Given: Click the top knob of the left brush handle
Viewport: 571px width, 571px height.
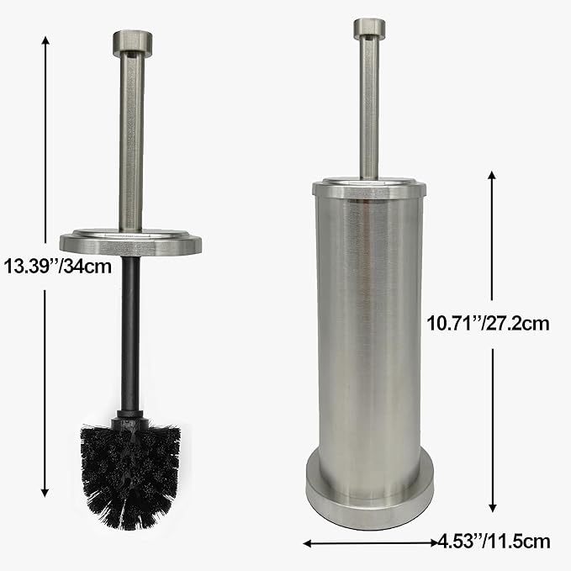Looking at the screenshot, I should pyautogui.click(x=131, y=40).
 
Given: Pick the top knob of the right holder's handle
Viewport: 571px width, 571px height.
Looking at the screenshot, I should pyautogui.click(x=367, y=28).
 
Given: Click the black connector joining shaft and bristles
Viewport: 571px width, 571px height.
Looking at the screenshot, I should pyautogui.click(x=130, y=417).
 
